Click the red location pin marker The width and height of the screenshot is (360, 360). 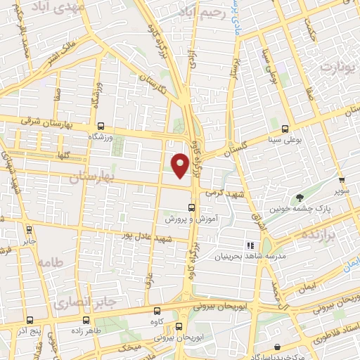(181, 165)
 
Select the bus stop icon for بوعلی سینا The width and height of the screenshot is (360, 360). (285, 129)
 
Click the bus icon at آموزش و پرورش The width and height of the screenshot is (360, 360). (191, 207)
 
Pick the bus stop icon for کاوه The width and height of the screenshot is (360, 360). (156, 310)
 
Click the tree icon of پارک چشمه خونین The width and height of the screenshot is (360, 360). (300, 198)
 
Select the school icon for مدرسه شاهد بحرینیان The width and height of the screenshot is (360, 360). (249, 245)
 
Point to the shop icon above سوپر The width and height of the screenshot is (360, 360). (340, 180)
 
